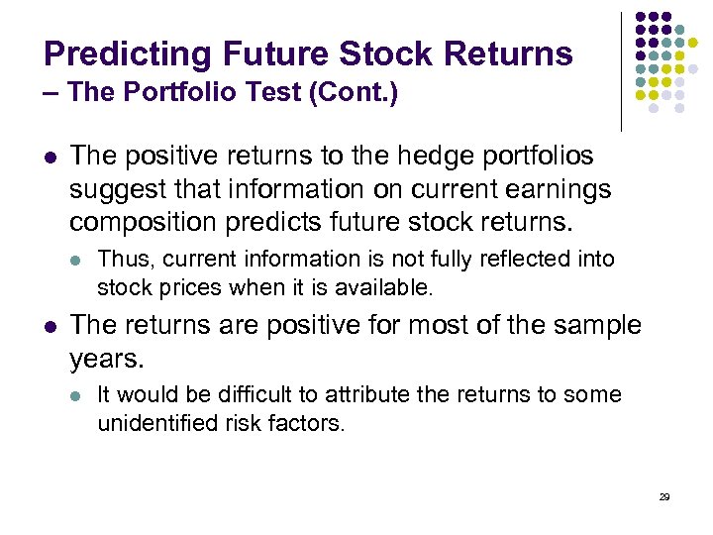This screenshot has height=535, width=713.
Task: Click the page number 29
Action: (x=664, y=495)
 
